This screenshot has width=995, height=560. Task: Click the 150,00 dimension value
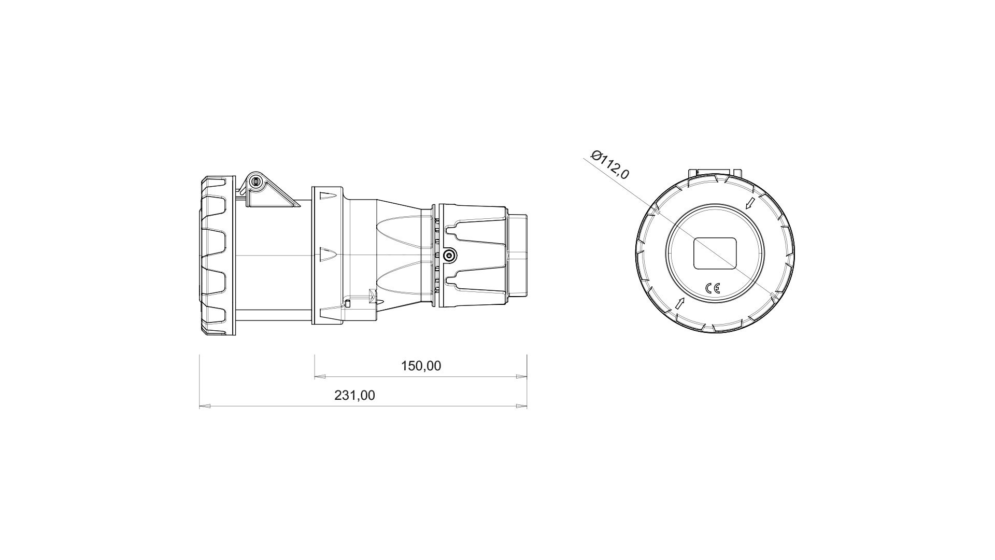(x=421, y=366)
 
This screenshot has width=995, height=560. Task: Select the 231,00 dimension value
(x=354, y=396)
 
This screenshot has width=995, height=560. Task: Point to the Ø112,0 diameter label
(x=610, y=164)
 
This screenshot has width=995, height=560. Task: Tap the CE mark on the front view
(x=713, y=289)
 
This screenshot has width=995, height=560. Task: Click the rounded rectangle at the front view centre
(x=715, y=254)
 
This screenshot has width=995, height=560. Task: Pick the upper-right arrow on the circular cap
(x=750, y=203)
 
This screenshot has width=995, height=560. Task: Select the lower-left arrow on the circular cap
(x=680, y=304)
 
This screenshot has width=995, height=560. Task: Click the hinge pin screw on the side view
(x=254, y=182)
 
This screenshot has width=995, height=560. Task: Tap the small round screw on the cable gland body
(x=449, y=255)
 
